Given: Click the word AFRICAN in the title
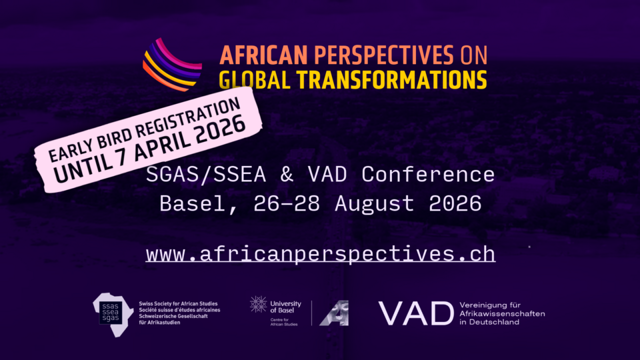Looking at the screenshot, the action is (263, 55).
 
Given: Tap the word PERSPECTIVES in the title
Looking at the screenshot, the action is (384, 55).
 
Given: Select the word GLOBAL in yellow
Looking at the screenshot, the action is (254, 79).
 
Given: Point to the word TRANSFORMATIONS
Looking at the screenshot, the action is (392, 79).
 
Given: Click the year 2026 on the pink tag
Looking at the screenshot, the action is (221, 129).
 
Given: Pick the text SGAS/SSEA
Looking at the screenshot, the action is (206, 175).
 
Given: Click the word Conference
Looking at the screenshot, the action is (428, 175).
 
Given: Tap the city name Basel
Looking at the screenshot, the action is (192, 204).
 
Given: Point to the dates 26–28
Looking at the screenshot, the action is (287, 204).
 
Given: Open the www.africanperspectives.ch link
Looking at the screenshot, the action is (321, 254).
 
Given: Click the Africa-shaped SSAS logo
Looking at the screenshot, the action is (113, 315).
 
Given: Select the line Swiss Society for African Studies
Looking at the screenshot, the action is (178, 304).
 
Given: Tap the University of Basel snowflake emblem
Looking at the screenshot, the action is (258, 305).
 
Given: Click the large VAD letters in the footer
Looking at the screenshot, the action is (416, 313).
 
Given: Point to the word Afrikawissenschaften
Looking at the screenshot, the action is (502, 313).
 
